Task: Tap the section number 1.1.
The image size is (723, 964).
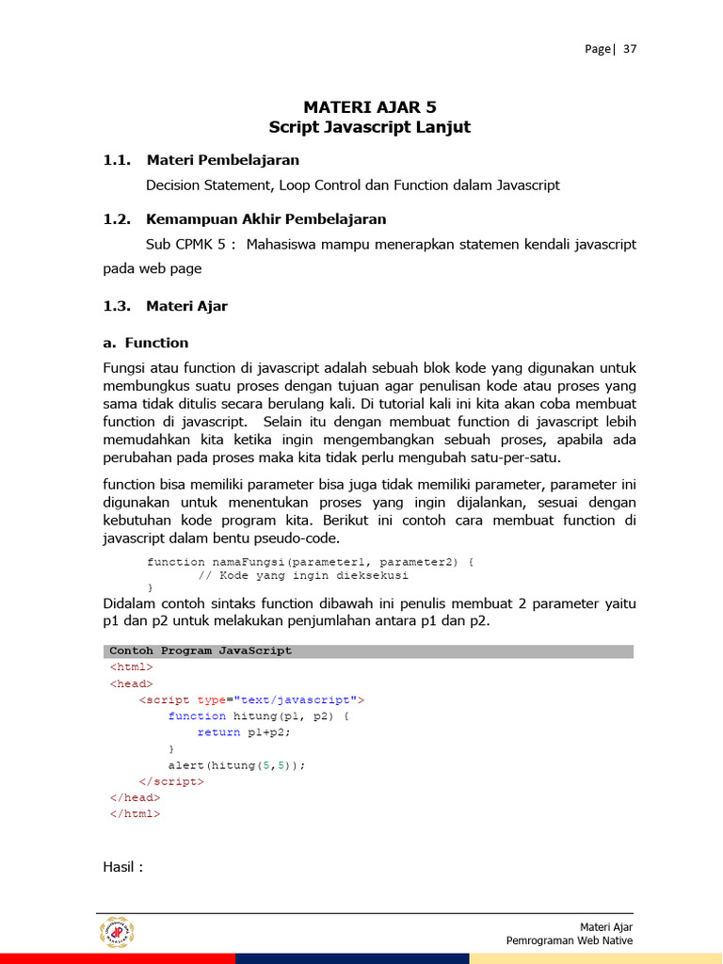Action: coord(117,160)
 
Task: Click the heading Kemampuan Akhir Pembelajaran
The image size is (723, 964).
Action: coord(266,219)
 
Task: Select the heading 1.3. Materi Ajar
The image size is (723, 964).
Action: coord(166,306)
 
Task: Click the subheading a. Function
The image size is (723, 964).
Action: coord(146,343)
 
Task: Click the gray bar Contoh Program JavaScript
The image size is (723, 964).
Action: coord(368,651)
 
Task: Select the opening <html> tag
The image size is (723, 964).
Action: coord(131,667)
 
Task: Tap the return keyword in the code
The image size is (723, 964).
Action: coord(218,732)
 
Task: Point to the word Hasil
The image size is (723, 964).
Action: coord(122,867)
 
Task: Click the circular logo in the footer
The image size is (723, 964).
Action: coord(118,932)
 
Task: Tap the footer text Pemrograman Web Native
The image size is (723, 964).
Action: coord(569,940)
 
